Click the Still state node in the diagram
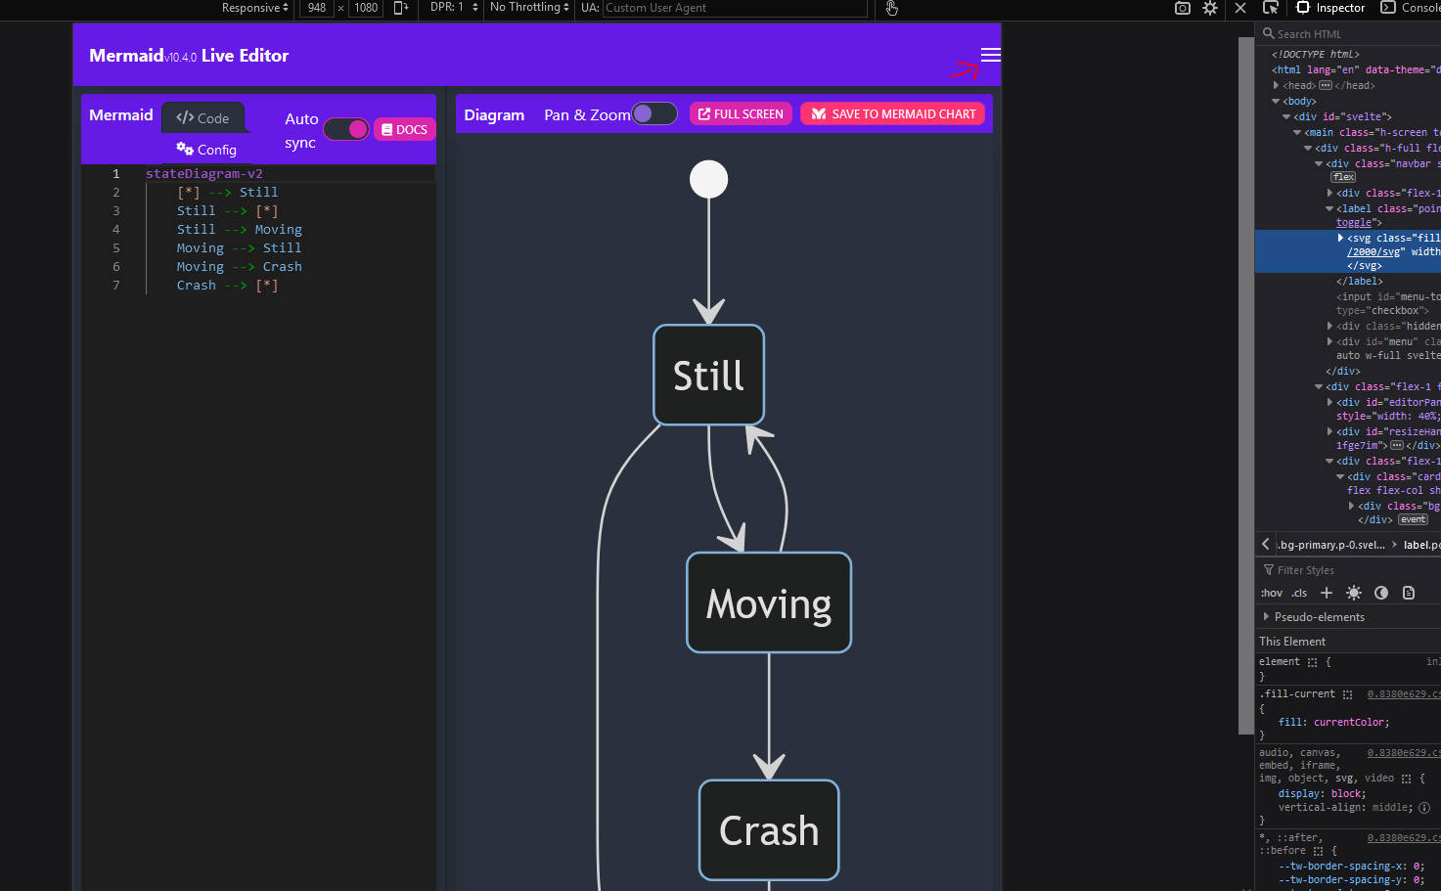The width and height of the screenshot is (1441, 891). [708, 376]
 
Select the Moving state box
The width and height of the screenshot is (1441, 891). [769, 603]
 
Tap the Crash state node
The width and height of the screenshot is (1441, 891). [769, 830]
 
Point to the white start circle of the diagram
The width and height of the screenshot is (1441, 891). [709, 179]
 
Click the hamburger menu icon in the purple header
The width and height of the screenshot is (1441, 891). [990, 55]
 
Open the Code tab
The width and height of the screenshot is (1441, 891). [203, 118]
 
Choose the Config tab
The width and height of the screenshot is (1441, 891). [207, 150]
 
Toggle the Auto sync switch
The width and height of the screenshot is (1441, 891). [346, 129]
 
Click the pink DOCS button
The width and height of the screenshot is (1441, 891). [404, 129]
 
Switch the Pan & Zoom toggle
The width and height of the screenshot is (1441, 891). [654, 114]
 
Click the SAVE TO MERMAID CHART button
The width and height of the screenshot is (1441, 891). [894, 114]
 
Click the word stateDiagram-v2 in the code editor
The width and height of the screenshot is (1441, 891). [204, 174]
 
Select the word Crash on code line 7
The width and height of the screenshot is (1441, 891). [197, 286]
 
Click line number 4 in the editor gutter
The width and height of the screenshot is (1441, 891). [116, 230]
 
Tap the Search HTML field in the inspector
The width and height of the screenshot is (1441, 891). [1350, 34]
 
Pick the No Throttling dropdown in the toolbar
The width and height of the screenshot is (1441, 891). [529, 8]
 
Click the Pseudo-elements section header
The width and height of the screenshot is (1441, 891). [1319, 617]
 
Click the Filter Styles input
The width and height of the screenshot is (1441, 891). [1350, 570]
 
